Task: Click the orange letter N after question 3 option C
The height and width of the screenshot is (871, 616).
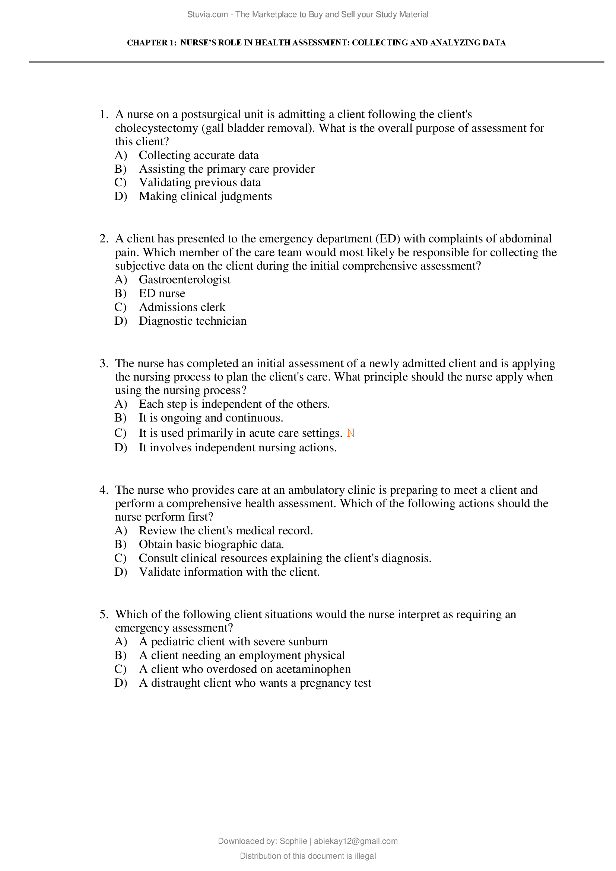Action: click(350, 433)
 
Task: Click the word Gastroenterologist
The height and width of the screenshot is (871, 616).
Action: click(184, 280)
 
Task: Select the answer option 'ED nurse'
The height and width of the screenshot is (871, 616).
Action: click(162, 293)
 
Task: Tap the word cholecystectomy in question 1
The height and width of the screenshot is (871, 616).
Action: click(156, 128)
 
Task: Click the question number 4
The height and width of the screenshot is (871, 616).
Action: click(103, 490)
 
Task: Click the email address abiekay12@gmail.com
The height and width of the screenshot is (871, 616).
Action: click(355, 841)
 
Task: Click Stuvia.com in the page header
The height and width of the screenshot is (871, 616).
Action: click(207, 15)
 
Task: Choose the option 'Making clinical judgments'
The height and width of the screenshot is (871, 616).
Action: click(205, 197)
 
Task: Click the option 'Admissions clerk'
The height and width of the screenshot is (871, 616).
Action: click(182, 307)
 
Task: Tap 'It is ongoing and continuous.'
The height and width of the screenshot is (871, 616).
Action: click(211, 418)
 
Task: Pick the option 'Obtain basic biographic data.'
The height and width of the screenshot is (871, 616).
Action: click(211, 545)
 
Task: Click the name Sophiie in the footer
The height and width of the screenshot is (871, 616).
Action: click(293, 841)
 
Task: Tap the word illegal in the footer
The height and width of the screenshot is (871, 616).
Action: click(365, 856)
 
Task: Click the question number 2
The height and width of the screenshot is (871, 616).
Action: click(103, 239)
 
